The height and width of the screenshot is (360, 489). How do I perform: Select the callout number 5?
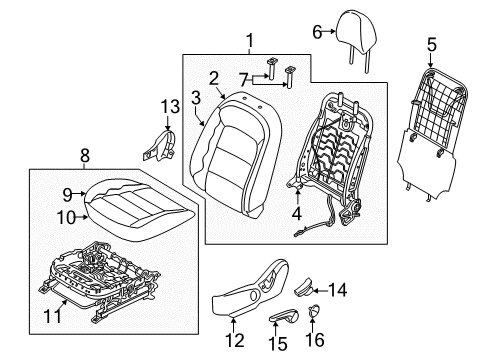(431, 44)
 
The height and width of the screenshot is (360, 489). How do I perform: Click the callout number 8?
(85, 155)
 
